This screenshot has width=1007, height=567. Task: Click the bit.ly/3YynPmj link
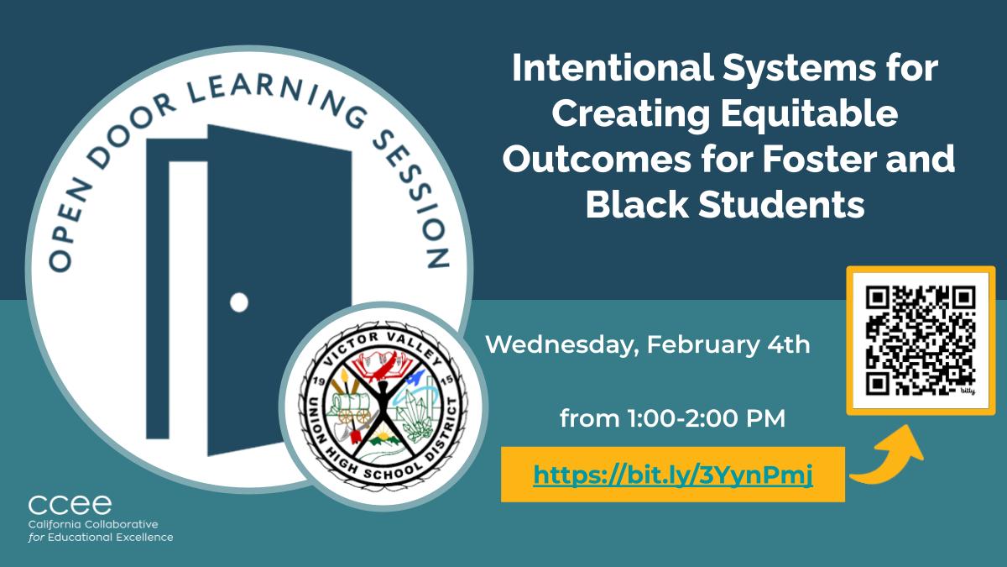pyautogui.click(x=673, y=475)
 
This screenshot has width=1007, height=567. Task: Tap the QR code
pyautogui.click(x=921, y=341)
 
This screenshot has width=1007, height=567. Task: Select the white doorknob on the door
pyautogui.click(x=239, y=302)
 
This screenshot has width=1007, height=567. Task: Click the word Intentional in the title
pyautogui.click(x=613, y=67)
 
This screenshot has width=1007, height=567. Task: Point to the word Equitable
pyautogui.click(x=810, y=114)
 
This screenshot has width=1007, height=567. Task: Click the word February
pyautogui.click(x=703, y=345)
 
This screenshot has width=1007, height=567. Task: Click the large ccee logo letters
pyautogui.click(x=70, y=505)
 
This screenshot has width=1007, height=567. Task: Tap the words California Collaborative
pyautogui.click(x=93, y=524)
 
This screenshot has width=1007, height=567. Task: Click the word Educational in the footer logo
pyautogui.click(x=80, y=538)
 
